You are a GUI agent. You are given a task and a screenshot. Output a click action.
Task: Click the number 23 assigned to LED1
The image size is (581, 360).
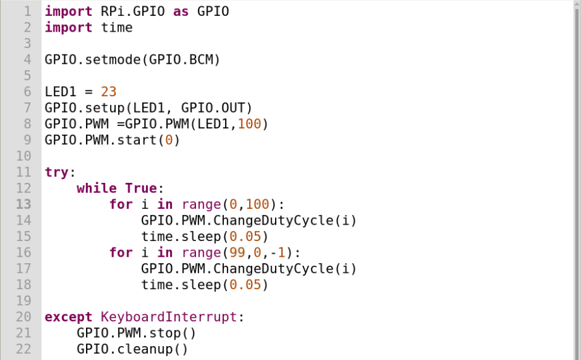[x=109, y=92]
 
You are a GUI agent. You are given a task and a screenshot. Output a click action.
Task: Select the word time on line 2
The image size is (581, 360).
[x=117, y=27]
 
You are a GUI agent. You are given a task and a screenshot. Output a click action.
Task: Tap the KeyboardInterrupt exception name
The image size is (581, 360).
[x=168, y=317]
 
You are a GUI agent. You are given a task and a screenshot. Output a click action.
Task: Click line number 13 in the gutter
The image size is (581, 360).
[x=23, y=204]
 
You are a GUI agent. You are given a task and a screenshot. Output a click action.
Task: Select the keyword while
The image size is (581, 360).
[x=97, y=189]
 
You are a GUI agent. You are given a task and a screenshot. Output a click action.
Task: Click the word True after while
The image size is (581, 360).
[x=140, y=189]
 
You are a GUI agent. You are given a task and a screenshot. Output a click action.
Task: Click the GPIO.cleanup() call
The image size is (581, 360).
[x=133, y=349]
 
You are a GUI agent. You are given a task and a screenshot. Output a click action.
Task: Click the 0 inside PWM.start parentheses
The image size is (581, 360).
[x=169, y=140]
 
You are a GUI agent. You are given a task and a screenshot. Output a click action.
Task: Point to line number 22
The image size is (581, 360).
[x=23, y=349]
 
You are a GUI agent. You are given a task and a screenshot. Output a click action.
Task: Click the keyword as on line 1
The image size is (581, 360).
[x=181, y=11]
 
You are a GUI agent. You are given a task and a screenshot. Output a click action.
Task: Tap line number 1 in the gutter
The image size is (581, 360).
[x=27, y=11]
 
